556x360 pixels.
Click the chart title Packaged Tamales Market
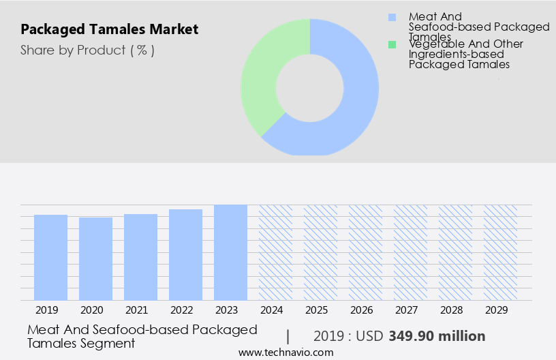click(110, 29)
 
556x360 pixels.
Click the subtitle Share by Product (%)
click(87, 50)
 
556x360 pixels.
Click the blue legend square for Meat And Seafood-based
click(392, 17)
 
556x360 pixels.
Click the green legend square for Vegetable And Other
click(392, 44)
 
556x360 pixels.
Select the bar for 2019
click(51, 257)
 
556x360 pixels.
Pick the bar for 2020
click(96, 258)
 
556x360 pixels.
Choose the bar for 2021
click(141, 257)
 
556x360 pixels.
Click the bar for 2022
click(186, 254)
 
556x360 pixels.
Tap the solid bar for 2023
click(231, 252)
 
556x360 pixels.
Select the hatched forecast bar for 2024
click(276, 252)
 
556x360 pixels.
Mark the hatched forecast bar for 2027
click(411, 252)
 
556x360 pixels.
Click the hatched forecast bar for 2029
click(501, 252)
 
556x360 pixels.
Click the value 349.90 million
click(437, 336)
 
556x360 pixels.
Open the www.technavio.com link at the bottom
click(286, 352)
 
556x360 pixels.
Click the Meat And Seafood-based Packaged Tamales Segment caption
click(142, 336)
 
